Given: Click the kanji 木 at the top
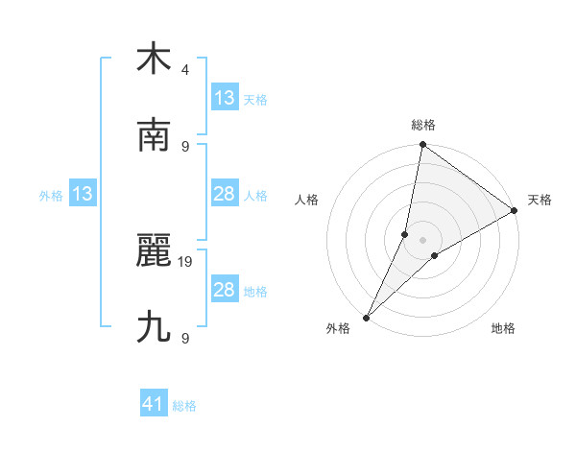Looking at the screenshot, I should click(154, 59).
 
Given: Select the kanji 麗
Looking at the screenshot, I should click(154, 252).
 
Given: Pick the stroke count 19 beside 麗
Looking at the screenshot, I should click(186, 261).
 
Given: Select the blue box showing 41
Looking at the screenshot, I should click(154, 404).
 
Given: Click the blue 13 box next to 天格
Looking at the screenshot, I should click(225, 97).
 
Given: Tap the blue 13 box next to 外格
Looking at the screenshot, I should click(83, 194).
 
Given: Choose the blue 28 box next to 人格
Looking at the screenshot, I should click(225, 194).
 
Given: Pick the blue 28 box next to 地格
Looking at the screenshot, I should click(225, 290).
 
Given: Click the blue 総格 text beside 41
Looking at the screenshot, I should click(184, 406).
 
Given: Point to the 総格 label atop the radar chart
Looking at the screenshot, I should click(423, 125).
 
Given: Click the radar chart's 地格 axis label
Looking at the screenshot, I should click(503, 329).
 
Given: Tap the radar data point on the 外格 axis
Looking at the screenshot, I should click(366, 317).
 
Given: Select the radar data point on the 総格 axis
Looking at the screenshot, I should click(422, 146).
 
